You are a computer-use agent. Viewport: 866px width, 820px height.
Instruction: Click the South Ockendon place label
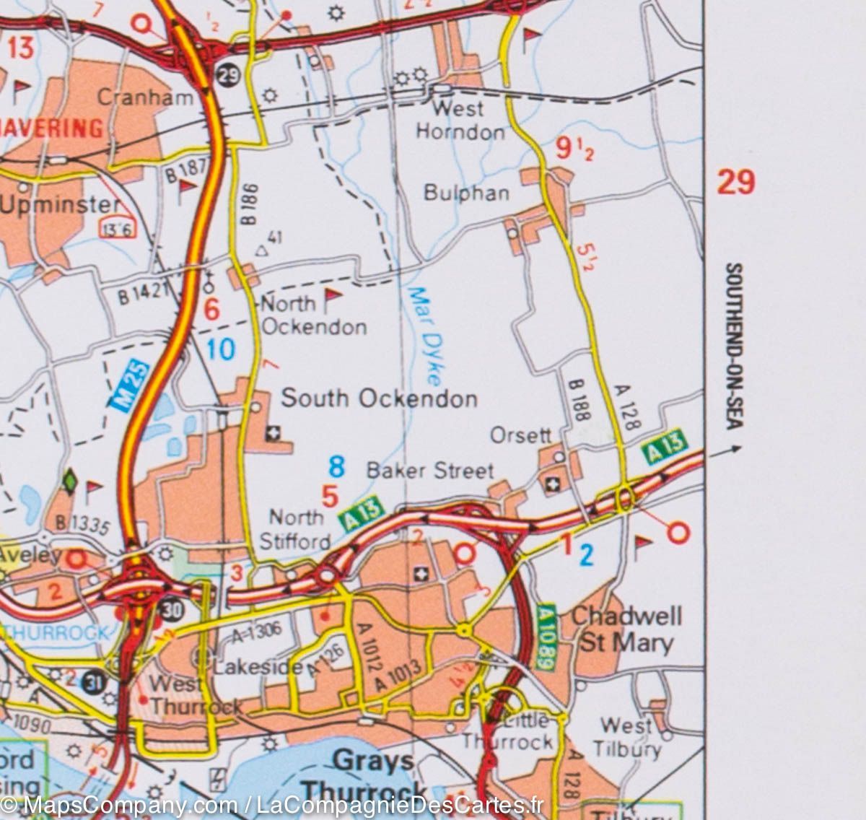coord(379,398)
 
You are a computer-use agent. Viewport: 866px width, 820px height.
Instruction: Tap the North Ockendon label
coord(313,315)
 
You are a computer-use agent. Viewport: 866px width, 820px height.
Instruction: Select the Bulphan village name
coord(466,193)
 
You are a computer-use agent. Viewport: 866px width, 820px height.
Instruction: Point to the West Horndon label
coord(460,121)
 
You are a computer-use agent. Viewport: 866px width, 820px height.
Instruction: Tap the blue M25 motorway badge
coord(131,387)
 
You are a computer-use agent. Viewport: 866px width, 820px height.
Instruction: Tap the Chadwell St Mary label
coord(626,629)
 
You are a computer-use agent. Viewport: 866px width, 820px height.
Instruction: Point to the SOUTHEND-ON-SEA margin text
coord(732,347)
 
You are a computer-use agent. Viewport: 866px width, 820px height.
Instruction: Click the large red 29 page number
coord(735,181)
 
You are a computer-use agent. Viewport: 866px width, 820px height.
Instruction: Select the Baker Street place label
coord(430,471)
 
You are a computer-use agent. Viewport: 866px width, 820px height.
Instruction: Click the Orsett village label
coord(520,435)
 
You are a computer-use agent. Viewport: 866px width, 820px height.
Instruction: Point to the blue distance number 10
coord(220,349)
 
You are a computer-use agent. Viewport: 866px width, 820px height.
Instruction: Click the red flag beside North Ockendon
coord(332,297)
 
